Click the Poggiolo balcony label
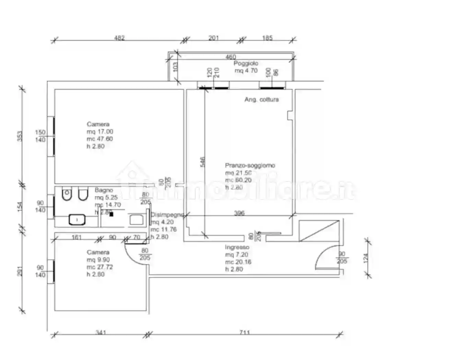tap(246, 63)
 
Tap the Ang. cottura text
tap(261, 100)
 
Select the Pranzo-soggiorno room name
tap(250, 165)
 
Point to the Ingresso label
tap(237, 247)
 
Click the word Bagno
tap(104, 190)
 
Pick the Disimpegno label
tap(167, 215)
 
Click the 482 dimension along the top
tap(119, 38)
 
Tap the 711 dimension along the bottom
tap(245, 332)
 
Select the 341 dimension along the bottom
tap(101, 332)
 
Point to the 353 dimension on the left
tap(20, 136)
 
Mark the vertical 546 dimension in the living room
tap(202, 162)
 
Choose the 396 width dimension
tap(239, 213)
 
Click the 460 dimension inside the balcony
tap(231, 57)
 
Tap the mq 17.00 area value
tap(100, 132)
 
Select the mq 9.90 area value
tap(98, 260)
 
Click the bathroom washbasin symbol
tap(77, 219)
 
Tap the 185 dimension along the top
tap(267, 38)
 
